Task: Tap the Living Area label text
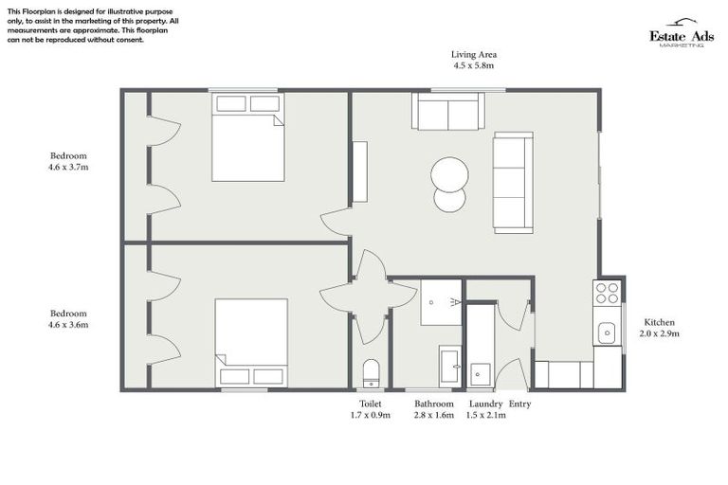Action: click(x=472, y=55)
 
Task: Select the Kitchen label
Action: click(x=659, y=321)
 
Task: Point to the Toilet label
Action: click(x=369, y=404)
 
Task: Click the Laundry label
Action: click(x=486, y=404)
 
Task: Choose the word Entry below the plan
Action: click(x=521, y=404)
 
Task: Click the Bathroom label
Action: click(x=434, y=404)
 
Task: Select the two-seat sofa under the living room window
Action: click(x=447, y=112)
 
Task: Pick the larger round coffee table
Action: click(x=449, y=174)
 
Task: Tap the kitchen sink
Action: click(x=607, y=332)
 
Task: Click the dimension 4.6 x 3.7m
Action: click(x=68, y=167)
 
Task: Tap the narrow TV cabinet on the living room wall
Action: click(x=360, y=171)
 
